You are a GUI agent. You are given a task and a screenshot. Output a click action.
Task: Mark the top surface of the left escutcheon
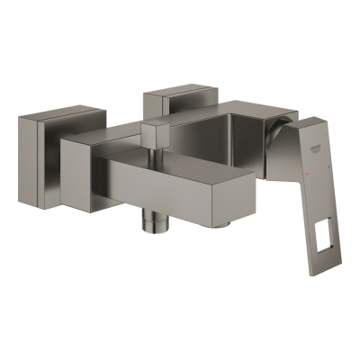[54, 117]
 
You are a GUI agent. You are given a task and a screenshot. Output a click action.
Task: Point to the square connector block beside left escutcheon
[81, 160]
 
